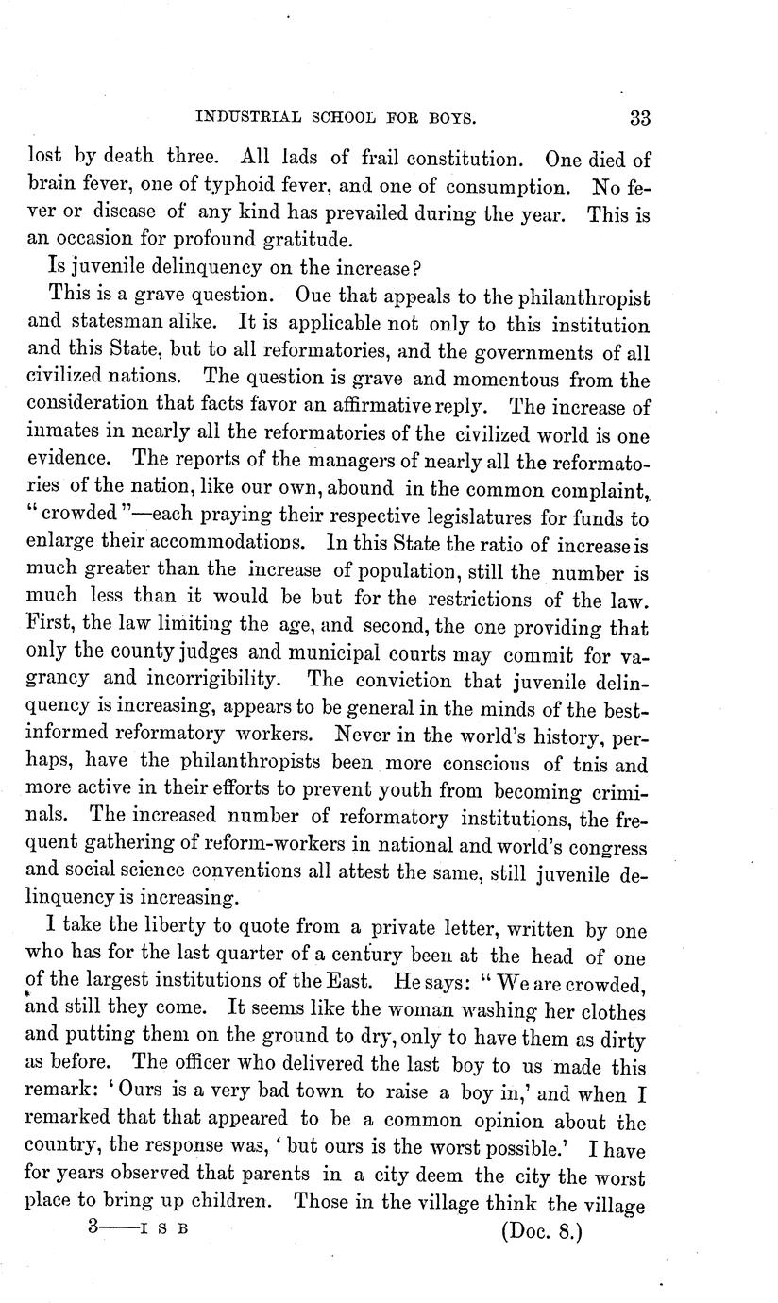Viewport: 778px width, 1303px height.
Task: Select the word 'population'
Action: [x=414, y=573]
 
